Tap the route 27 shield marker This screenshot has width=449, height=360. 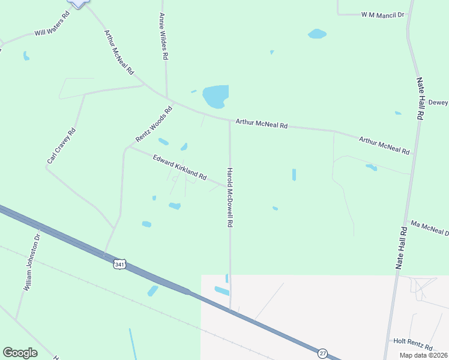click(x=323, y=353)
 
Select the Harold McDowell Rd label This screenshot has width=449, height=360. click(x=229, y=197)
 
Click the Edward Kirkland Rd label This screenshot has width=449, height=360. click(x=179, y=168)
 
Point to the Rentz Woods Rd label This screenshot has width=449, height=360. click(x=154, y=124)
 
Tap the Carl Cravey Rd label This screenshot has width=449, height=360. click(x=62, y=146)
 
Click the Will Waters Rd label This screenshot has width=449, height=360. click(x=52, y=23)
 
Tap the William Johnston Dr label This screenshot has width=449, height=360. click(x=32, y=263)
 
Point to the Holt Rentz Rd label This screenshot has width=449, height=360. click(x=413, y=344)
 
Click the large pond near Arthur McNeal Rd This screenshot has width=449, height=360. click(x=215, y=96)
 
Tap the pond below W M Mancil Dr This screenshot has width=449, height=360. click(x=317, y=34)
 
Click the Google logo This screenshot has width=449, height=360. click(x=20, y=353)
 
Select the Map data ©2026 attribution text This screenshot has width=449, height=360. click(x=423, y=355)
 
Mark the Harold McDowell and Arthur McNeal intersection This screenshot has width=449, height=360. click(x=229, y=121)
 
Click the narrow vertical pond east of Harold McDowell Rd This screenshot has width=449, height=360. click(x=294, y=175)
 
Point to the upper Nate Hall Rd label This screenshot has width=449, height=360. click(x=421, y=98)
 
